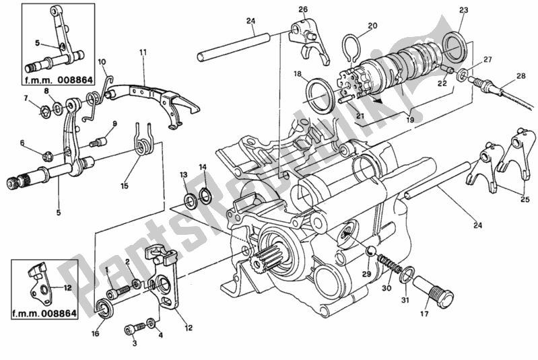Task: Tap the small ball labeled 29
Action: (370, 251)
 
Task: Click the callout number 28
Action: (519, 76)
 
